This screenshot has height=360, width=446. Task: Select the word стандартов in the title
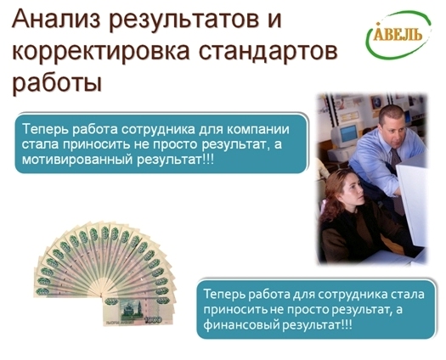(x=268, y=51)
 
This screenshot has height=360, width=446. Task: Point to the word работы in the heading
(x=57, y=82)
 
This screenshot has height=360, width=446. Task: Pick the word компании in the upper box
(x=258, y=129)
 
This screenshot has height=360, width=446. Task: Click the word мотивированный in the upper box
(x=77, y=160)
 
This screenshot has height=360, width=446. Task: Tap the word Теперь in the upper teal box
(x=45, y=129)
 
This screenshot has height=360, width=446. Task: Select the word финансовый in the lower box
(x=241, y=324)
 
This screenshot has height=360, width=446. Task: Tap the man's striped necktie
(x=397, y=177)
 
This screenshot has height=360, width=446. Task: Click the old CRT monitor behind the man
(x=345, y=135)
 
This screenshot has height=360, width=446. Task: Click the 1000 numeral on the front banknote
(x=154, y=320)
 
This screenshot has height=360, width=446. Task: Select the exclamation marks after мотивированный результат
(x=208, y=160)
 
